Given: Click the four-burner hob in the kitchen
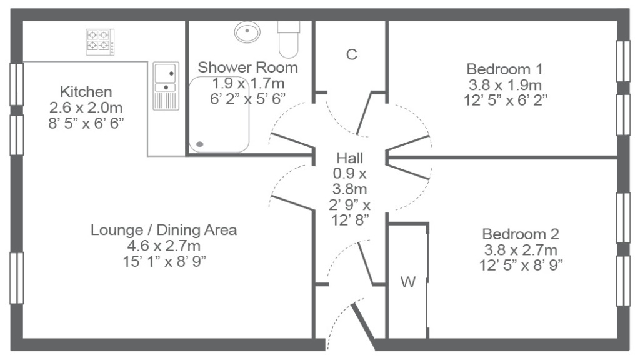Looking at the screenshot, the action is tap(100, 42).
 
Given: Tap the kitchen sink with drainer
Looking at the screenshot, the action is tap(166, 86).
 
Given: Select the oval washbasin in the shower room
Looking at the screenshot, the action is tap(247, 31).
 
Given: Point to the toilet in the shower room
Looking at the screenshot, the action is tap(289, 39).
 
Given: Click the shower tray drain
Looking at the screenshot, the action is tap(200, 144).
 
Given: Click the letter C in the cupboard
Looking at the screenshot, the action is tap(351, 54).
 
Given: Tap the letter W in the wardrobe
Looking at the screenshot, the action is tap(408, 282).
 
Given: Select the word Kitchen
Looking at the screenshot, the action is tap(86, 92).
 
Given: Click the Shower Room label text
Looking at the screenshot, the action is tap(247, 67).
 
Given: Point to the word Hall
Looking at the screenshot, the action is tap(350, 158).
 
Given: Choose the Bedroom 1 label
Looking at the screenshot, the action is tap(505, 69).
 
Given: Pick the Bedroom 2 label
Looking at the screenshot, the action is tap(521, 234).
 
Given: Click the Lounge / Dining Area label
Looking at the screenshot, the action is tap(164, 230).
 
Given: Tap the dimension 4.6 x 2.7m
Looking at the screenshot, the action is tap(164, 246).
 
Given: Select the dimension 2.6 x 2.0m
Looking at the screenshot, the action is tap(86, 107).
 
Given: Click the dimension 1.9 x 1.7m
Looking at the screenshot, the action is tap(247, 83).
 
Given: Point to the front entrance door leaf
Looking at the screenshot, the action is tap(363, 326).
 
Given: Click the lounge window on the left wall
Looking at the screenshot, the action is tap(16, 278).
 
